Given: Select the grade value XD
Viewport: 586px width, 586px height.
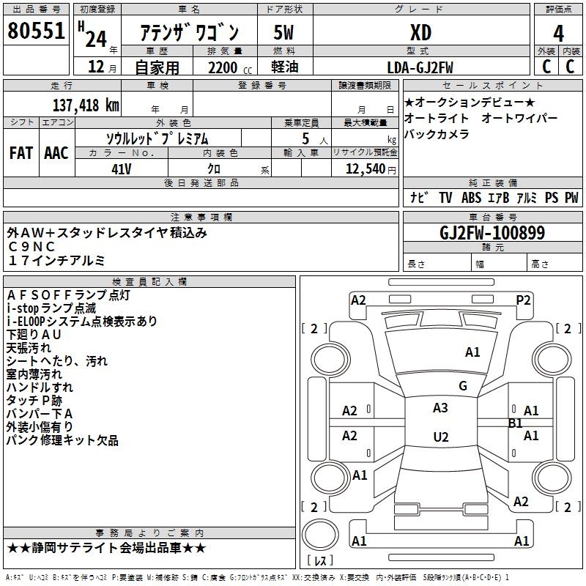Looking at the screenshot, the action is (420, 33).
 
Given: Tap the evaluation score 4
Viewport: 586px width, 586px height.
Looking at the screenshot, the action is (559, 33).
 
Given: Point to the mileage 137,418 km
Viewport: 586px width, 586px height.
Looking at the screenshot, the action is (86, 105).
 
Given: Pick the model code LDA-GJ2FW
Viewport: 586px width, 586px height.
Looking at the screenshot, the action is (420, 67).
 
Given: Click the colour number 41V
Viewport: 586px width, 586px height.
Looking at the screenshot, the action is (122, 168).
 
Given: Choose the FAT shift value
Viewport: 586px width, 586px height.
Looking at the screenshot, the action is (21, 153).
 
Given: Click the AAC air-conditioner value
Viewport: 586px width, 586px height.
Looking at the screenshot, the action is (56, 153).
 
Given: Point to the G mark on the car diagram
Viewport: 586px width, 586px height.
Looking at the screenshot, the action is (463, 386).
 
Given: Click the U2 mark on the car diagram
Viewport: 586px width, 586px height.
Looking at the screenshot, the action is (441, 437).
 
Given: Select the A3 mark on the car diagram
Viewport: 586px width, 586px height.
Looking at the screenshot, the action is (441, 408).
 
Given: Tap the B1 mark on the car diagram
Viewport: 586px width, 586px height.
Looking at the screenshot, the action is (516, 423).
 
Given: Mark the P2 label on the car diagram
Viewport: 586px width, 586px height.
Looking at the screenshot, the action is (523, 300).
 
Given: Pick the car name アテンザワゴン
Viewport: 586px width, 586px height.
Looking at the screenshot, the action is (189, 34).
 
